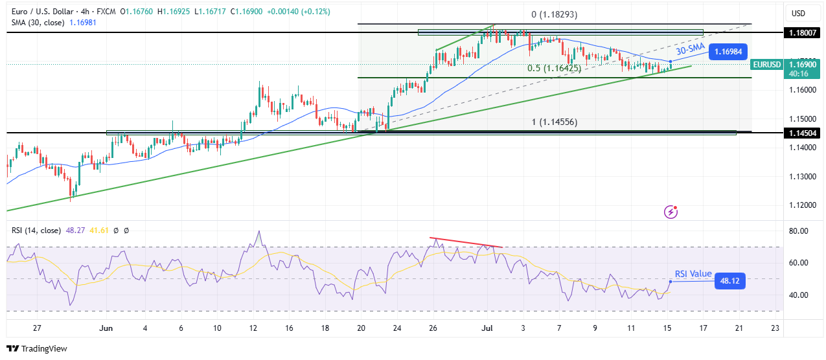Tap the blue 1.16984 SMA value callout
[728, 51]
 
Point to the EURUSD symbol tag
[766, 64]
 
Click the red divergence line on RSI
[466, 242]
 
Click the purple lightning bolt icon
[671, 212]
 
